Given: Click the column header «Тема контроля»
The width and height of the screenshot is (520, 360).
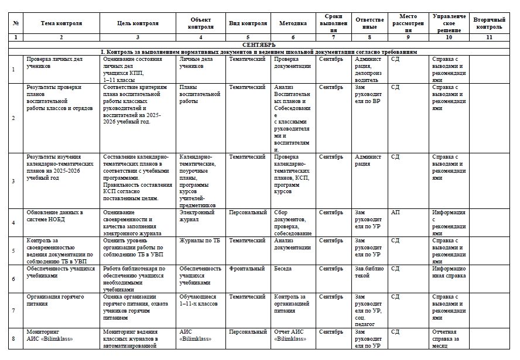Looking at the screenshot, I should click(61, 23).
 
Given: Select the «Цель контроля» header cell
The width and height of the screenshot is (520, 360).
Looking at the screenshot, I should click(138, 23).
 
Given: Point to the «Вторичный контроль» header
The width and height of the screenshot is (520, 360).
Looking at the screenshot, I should click(488, 23).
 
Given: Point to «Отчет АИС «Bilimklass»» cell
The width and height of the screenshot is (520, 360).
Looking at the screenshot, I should click(290, 335).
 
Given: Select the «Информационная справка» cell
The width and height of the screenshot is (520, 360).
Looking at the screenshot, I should click(449, 272).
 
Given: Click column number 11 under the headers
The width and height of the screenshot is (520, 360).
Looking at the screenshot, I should click(488, 37).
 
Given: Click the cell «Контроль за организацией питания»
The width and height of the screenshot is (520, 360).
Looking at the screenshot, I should click(291, 300).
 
